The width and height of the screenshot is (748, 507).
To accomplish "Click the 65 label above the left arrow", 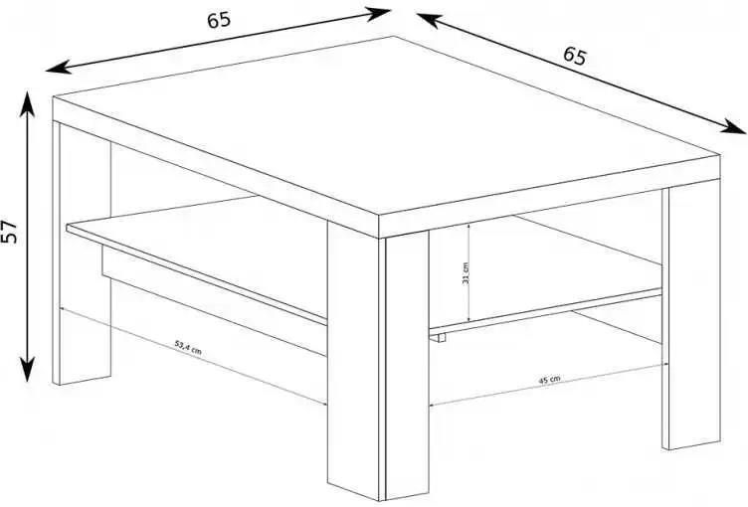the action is pyautogui.click(x=219, y=20).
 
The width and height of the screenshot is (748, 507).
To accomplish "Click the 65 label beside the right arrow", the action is pyautogui.click(x=574, y=56).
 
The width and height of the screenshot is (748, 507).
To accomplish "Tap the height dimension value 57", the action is pyautogui.click(x=10, y=232).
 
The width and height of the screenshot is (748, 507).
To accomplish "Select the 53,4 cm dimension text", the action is pyautogui.click(x=188, y=347).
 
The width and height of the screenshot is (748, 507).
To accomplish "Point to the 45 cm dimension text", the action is pyautogui.click(x=549, y=380).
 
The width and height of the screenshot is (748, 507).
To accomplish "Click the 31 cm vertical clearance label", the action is pyautogui.click(x=466, y=273).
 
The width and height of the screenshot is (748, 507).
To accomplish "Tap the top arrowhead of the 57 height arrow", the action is pyautogui.click(x=27, y=101).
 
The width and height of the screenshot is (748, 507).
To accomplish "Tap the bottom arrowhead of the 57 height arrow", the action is pyautogui.click(x=27, y=369).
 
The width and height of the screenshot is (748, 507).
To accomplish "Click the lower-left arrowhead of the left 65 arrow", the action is pyautogui.click(x=58, y=68).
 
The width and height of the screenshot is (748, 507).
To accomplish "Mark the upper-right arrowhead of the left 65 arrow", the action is pyautogui.click(x=378, y=14).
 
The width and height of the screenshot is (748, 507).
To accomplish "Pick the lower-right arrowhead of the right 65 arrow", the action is pyautogui.click(x=733, y=126).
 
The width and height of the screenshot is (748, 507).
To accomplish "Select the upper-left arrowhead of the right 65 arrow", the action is pyautogui.click(x=429, y=20).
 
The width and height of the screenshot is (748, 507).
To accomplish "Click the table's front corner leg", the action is pyautogui.click(x=378, y=363).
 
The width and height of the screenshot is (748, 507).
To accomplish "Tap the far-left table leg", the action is pyautogui.click(x=82, y=253).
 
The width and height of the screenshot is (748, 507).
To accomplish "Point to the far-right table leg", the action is pyautogui.click(x=690, y=315).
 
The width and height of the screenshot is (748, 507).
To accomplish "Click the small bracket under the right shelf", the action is pyautogui.click(x=439, y=338).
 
